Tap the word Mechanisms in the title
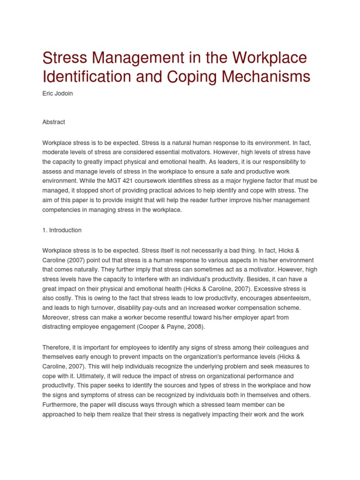264,77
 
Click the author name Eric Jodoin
58,94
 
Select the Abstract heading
53,122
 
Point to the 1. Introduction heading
62,230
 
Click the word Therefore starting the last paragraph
58,347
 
